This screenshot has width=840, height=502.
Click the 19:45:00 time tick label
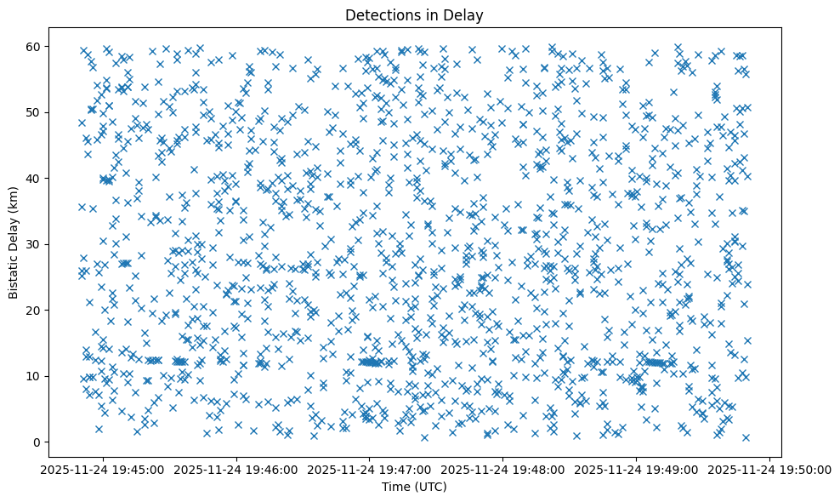pyautogui.click(x=101, y=469)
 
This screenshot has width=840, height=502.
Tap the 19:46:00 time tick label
pyautogui.click(x=236, y=469)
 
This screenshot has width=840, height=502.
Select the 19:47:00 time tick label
pyautogui.click(x=369, y=469)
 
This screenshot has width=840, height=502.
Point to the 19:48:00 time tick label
pyautogui.click(x=502, y=469)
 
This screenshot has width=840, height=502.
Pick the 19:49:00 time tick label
pyautogui.click(x=636, y=469)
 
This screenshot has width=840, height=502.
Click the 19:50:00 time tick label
pyautogui.click(x=769, y=469)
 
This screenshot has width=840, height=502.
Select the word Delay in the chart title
pyautogui.click(x=463, y=14)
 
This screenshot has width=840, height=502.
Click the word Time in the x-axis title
pyautogui.click(x=396, y=487)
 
